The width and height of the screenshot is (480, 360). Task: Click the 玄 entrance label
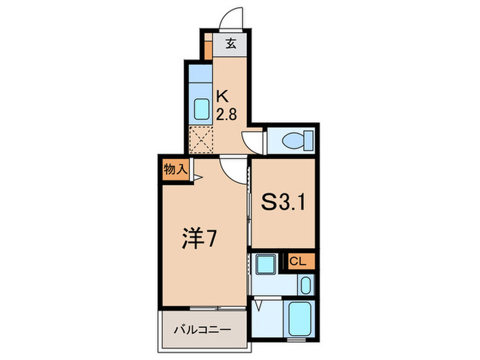pyautogui.click(x=230, y=45)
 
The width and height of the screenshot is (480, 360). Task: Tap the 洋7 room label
pyautogui.click(x=200, y=240)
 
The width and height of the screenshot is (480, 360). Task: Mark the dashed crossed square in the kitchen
pyautogui.click(x=201, y=139)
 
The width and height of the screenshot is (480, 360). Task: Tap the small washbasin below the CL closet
pyautogui.click(x=305, y=284)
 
